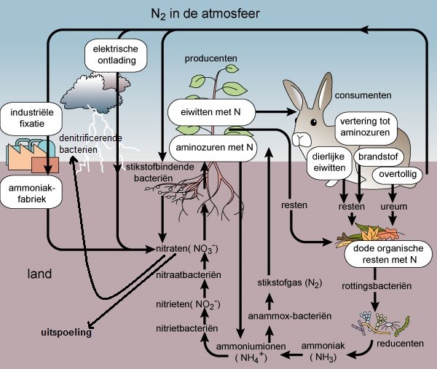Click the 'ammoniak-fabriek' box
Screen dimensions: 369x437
(26, 193)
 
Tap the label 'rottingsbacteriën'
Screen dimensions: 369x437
(374, 297)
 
